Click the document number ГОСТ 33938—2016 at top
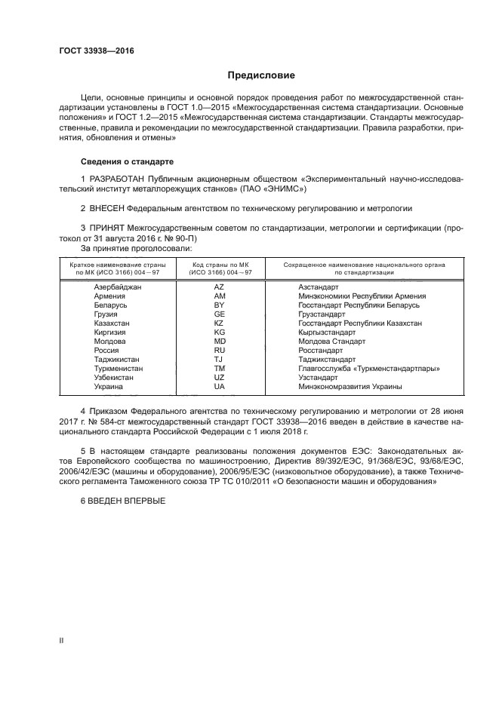click(x=92, y=51)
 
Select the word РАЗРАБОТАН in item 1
click(x=119, y=178)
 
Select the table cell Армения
click(x=109, y=296)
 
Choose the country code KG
click(x=220, y=333)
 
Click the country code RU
click(x=220, y=351)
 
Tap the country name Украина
click(x=109, y=387)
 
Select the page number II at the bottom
click(x=62, y=640)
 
